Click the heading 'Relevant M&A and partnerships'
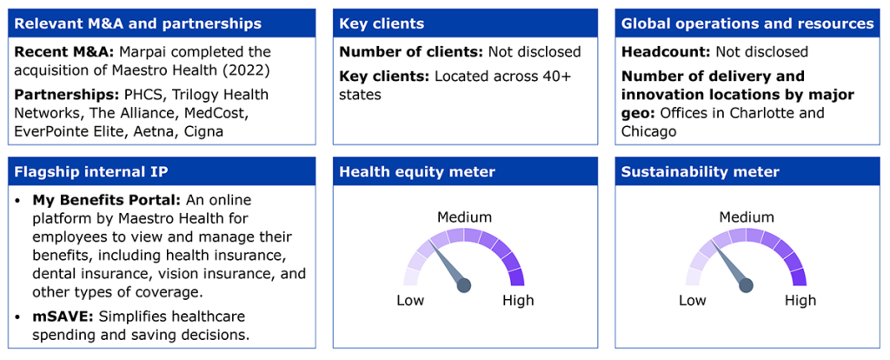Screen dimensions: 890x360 point(138,23)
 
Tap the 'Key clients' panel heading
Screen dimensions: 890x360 point(383,23)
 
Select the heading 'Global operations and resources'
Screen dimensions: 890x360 point(747,23)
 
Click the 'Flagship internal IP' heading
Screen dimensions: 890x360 point(90,171)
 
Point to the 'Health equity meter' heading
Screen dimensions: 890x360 point(416,171)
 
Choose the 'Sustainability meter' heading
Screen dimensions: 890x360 point(700,171)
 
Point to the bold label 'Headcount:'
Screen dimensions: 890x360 point(666,52)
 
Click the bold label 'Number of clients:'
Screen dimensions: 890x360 point(409,52)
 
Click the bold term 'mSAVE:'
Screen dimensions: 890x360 point(61,316)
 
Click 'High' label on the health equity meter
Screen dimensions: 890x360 point(518,300)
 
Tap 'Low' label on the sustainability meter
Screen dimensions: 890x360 point(693,300)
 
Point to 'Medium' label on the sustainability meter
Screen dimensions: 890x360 point(746,217)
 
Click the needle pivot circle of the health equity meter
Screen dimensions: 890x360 point(464,285)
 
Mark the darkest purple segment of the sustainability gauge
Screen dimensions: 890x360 point(799,277)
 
